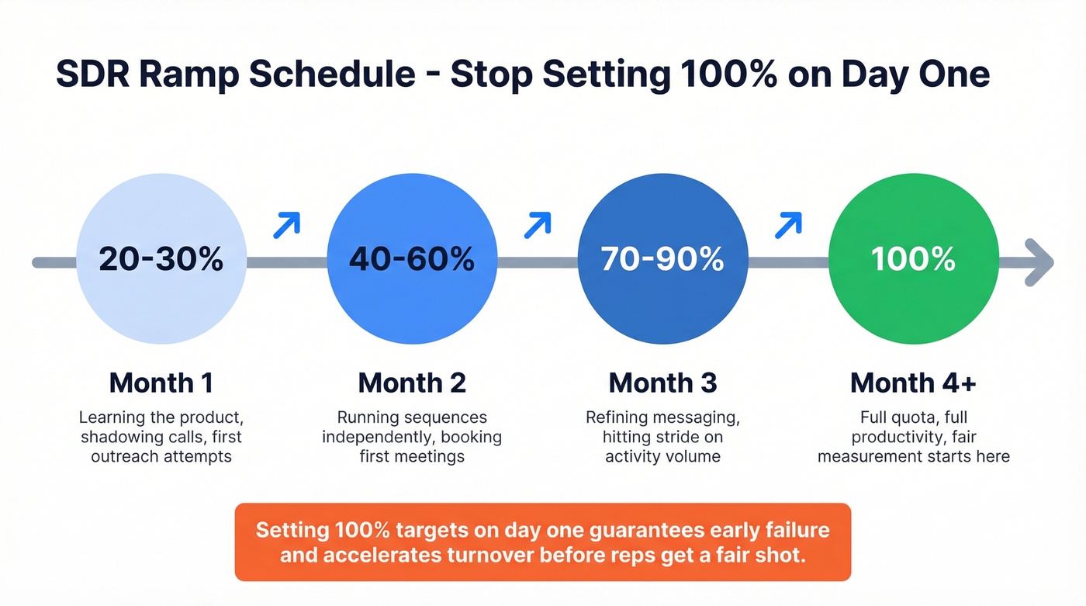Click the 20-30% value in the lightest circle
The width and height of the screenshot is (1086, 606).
click(x=161, y=260)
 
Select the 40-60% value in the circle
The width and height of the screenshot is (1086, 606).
click(x=412, y=260)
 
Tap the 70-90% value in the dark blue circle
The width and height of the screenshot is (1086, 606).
click(x=662, y=260)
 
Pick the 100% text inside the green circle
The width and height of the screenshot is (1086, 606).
click(x=913, y=260)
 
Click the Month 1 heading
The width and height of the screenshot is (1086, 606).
click(x=161, y=383)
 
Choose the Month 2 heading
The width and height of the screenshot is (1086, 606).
click(x=412, y=383)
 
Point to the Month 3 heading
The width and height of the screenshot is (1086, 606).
click(x=662, y=383)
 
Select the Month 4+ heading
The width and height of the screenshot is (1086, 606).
click(x=913, y=383)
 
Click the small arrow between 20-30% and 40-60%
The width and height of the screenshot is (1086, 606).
click(x=286, y=225)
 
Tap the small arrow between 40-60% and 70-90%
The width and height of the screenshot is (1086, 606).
click(x=537, y=225)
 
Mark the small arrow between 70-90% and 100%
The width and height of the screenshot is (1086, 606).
click(x=788, y=225)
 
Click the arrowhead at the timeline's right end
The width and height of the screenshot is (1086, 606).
click(x=1039, y=262)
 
